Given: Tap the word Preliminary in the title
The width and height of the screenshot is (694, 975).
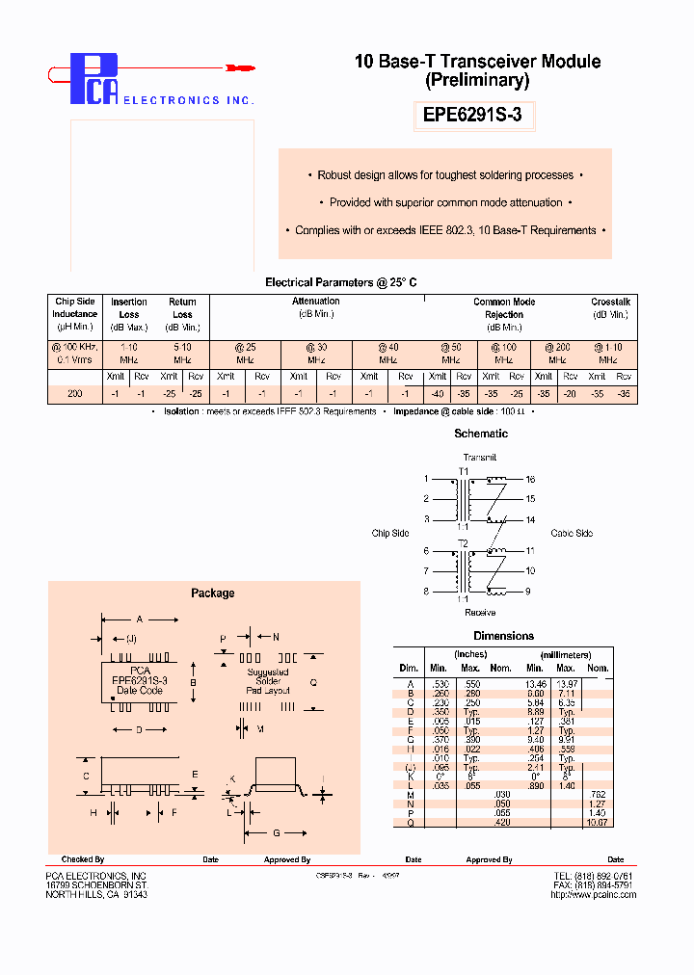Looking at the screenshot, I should pos(477,81).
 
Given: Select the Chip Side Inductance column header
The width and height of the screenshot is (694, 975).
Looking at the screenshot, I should pos(74,307).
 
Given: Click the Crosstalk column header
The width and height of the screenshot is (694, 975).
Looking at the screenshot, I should pos(609,302).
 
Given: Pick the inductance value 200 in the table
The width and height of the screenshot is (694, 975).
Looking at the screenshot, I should pos(74,394).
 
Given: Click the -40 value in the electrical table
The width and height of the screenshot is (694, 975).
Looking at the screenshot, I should pos(438,394).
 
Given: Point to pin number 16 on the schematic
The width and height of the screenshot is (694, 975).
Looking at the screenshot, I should pos(530,479).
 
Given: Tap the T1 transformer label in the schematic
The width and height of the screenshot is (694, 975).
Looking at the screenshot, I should pos(464,471).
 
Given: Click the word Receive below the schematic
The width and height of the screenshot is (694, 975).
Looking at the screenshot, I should pos(480,613).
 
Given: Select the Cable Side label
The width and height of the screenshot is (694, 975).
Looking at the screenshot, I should pos(572,533).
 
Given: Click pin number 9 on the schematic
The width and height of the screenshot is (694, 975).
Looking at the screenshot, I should pos(527,592).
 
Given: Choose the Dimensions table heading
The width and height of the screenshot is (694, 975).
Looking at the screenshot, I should pos(503,636).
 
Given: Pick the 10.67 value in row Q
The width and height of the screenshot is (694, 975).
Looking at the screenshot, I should pos(598,822).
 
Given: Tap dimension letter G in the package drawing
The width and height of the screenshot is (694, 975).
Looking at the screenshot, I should pos(277,831).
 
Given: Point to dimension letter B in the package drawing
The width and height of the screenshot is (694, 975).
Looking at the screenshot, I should pos(193,683).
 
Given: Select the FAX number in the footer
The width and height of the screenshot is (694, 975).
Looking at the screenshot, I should pos(593,884).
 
